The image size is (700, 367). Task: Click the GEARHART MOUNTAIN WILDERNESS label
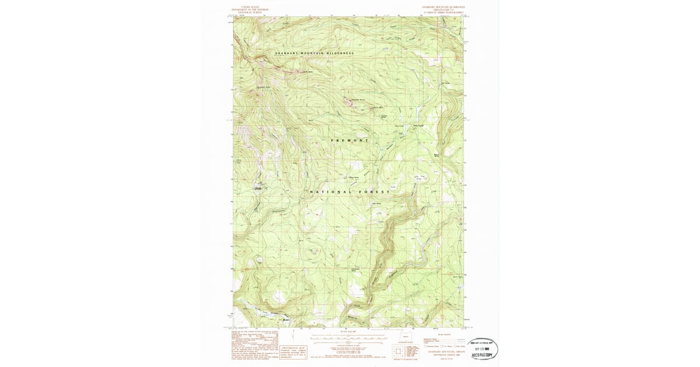pos(314,54)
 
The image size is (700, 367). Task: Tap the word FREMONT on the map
pos(350,140)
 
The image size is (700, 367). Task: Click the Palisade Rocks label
pos(357,99)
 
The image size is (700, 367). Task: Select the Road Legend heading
pos(443,334)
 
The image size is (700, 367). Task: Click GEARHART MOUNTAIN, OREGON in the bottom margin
pos(443,352)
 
